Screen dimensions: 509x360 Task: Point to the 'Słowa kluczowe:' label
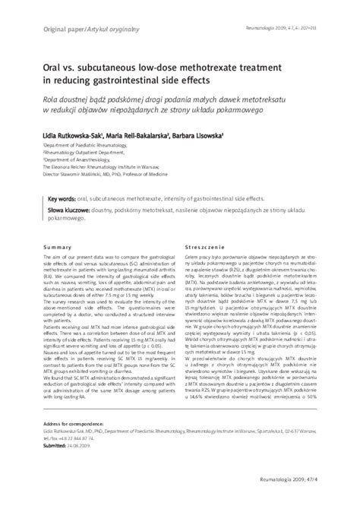[67, 212]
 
